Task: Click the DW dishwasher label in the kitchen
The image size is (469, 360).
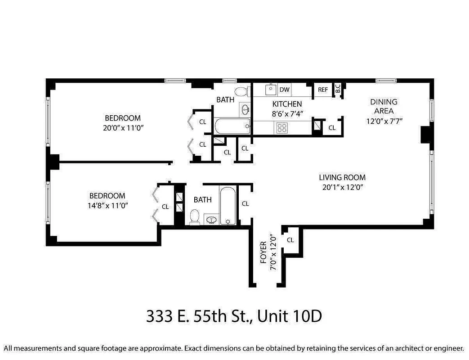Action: pos(284,90)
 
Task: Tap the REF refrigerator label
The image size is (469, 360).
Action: pos(323,90)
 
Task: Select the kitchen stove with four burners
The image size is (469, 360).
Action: pos(282,127)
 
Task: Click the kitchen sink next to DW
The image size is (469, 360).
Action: pos(270,89)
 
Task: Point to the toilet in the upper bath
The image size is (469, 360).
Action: pos(242,91)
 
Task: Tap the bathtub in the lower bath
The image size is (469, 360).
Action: pos(227,205)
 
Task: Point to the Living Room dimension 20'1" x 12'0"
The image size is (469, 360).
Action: pos(342,187)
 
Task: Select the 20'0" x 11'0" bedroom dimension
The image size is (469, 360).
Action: pos(123,128)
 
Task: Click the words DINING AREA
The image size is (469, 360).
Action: pos(384,106)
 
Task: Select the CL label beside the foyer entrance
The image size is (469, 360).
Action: pos(290,240)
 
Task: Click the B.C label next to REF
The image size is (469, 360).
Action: pos(338,89)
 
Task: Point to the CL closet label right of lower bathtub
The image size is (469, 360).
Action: pos(245,203)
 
